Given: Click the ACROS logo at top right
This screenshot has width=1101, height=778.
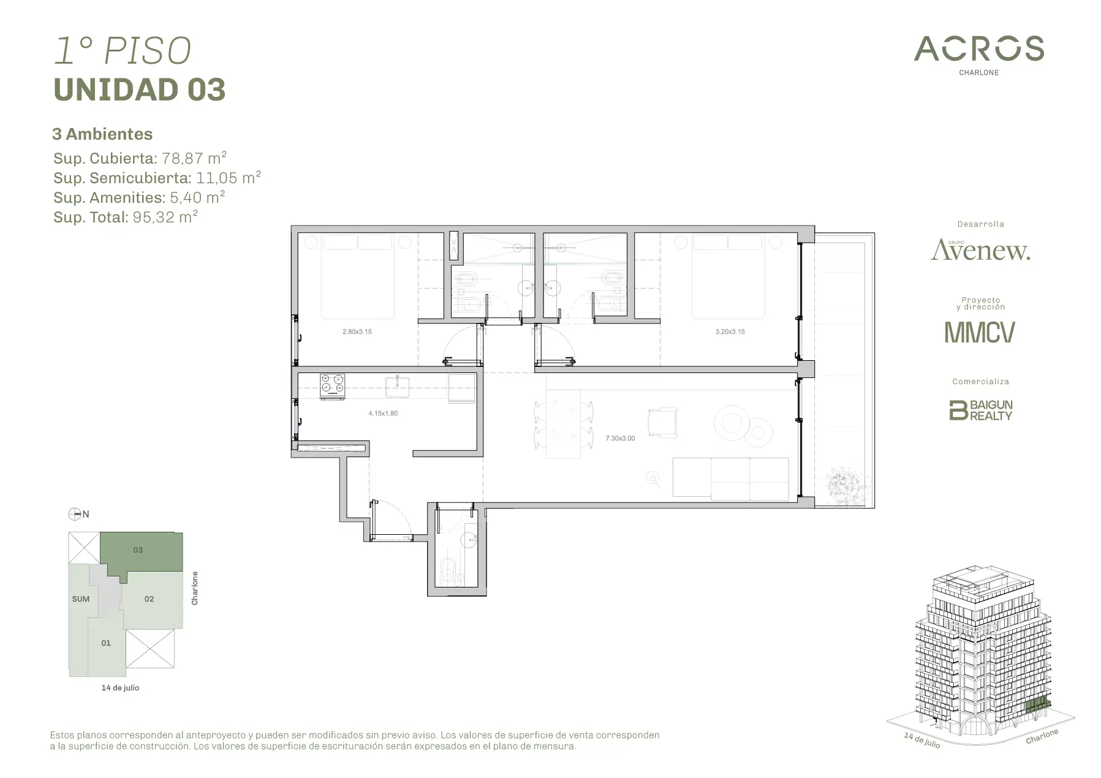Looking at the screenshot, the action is coord(978,55).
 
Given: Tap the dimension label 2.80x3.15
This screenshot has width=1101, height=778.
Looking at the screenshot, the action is coord(357,331).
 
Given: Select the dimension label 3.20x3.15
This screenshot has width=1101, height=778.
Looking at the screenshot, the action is coord(730,331).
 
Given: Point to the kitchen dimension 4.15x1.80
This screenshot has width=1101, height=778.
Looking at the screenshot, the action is coord(383,414).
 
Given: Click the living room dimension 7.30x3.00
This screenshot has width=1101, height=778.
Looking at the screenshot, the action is coord(620,439).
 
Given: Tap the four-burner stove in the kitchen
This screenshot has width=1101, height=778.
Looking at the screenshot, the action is coord(333,386).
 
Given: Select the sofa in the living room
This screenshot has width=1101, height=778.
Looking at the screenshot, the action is coord(731,478).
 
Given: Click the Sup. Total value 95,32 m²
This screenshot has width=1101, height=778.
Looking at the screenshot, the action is coord(165,217).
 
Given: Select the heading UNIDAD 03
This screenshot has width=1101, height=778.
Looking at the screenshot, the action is coord(140,89).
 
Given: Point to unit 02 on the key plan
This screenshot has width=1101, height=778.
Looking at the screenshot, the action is coord(149,599).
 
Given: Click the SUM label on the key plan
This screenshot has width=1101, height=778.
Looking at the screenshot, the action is coord(81,599).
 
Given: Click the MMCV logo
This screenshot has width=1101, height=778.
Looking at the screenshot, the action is coord(980,332).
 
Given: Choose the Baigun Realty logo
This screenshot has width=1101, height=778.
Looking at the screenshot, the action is coord(980,410).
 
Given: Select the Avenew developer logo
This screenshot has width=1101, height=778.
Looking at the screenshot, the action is coord(980,249).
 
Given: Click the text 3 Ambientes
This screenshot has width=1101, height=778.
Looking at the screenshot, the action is coord(103,134).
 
